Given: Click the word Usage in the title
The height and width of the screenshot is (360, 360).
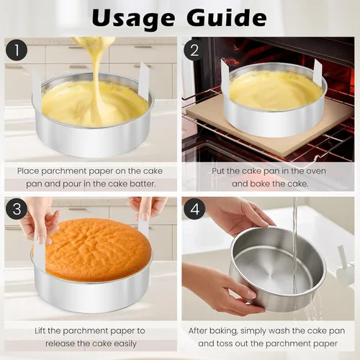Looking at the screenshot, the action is pos(133,18).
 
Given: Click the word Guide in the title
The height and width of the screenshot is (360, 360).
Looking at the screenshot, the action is pos(227,17).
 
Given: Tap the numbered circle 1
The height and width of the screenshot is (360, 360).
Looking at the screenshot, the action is pos(17,50).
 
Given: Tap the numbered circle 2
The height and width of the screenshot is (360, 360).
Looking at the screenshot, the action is pos(194,50).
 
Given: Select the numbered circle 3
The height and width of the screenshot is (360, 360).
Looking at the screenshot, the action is pos(17,209).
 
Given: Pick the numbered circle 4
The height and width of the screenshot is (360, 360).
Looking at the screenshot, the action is pos(194,209).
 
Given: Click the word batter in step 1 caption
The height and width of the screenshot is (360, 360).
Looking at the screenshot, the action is pos(143,184).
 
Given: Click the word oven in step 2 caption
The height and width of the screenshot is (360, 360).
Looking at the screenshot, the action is pos(315,171).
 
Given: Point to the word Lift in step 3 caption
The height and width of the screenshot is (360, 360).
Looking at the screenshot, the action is pos(40,330).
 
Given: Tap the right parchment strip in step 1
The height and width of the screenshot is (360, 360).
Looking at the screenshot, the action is pos(144,81).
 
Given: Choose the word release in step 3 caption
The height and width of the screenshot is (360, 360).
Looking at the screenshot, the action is pos(60,343).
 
